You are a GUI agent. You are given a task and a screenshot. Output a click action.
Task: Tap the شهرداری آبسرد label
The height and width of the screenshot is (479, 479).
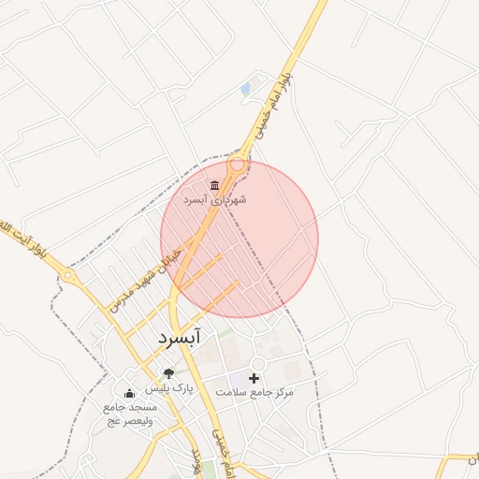[214, 200]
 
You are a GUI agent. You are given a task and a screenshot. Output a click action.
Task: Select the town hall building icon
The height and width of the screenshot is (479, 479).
[215, 183]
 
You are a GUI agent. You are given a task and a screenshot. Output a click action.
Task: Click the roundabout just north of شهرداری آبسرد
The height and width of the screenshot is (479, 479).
[238, 164]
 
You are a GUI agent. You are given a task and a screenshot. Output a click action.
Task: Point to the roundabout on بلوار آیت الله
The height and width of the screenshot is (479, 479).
[68, 275]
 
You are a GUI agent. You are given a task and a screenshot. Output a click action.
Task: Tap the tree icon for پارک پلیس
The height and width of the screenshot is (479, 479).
[168, 374]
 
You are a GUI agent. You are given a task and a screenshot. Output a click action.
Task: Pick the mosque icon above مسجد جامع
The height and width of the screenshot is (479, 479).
[129, 394]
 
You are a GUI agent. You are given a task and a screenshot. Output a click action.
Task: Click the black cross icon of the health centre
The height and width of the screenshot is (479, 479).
[254, 377]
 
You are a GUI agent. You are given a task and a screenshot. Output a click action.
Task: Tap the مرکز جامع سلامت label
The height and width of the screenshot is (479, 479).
[254, 392]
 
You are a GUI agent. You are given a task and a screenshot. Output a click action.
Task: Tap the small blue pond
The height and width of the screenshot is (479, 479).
[245, 89]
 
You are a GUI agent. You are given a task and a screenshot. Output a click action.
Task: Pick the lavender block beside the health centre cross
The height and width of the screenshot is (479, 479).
[237, 377]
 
